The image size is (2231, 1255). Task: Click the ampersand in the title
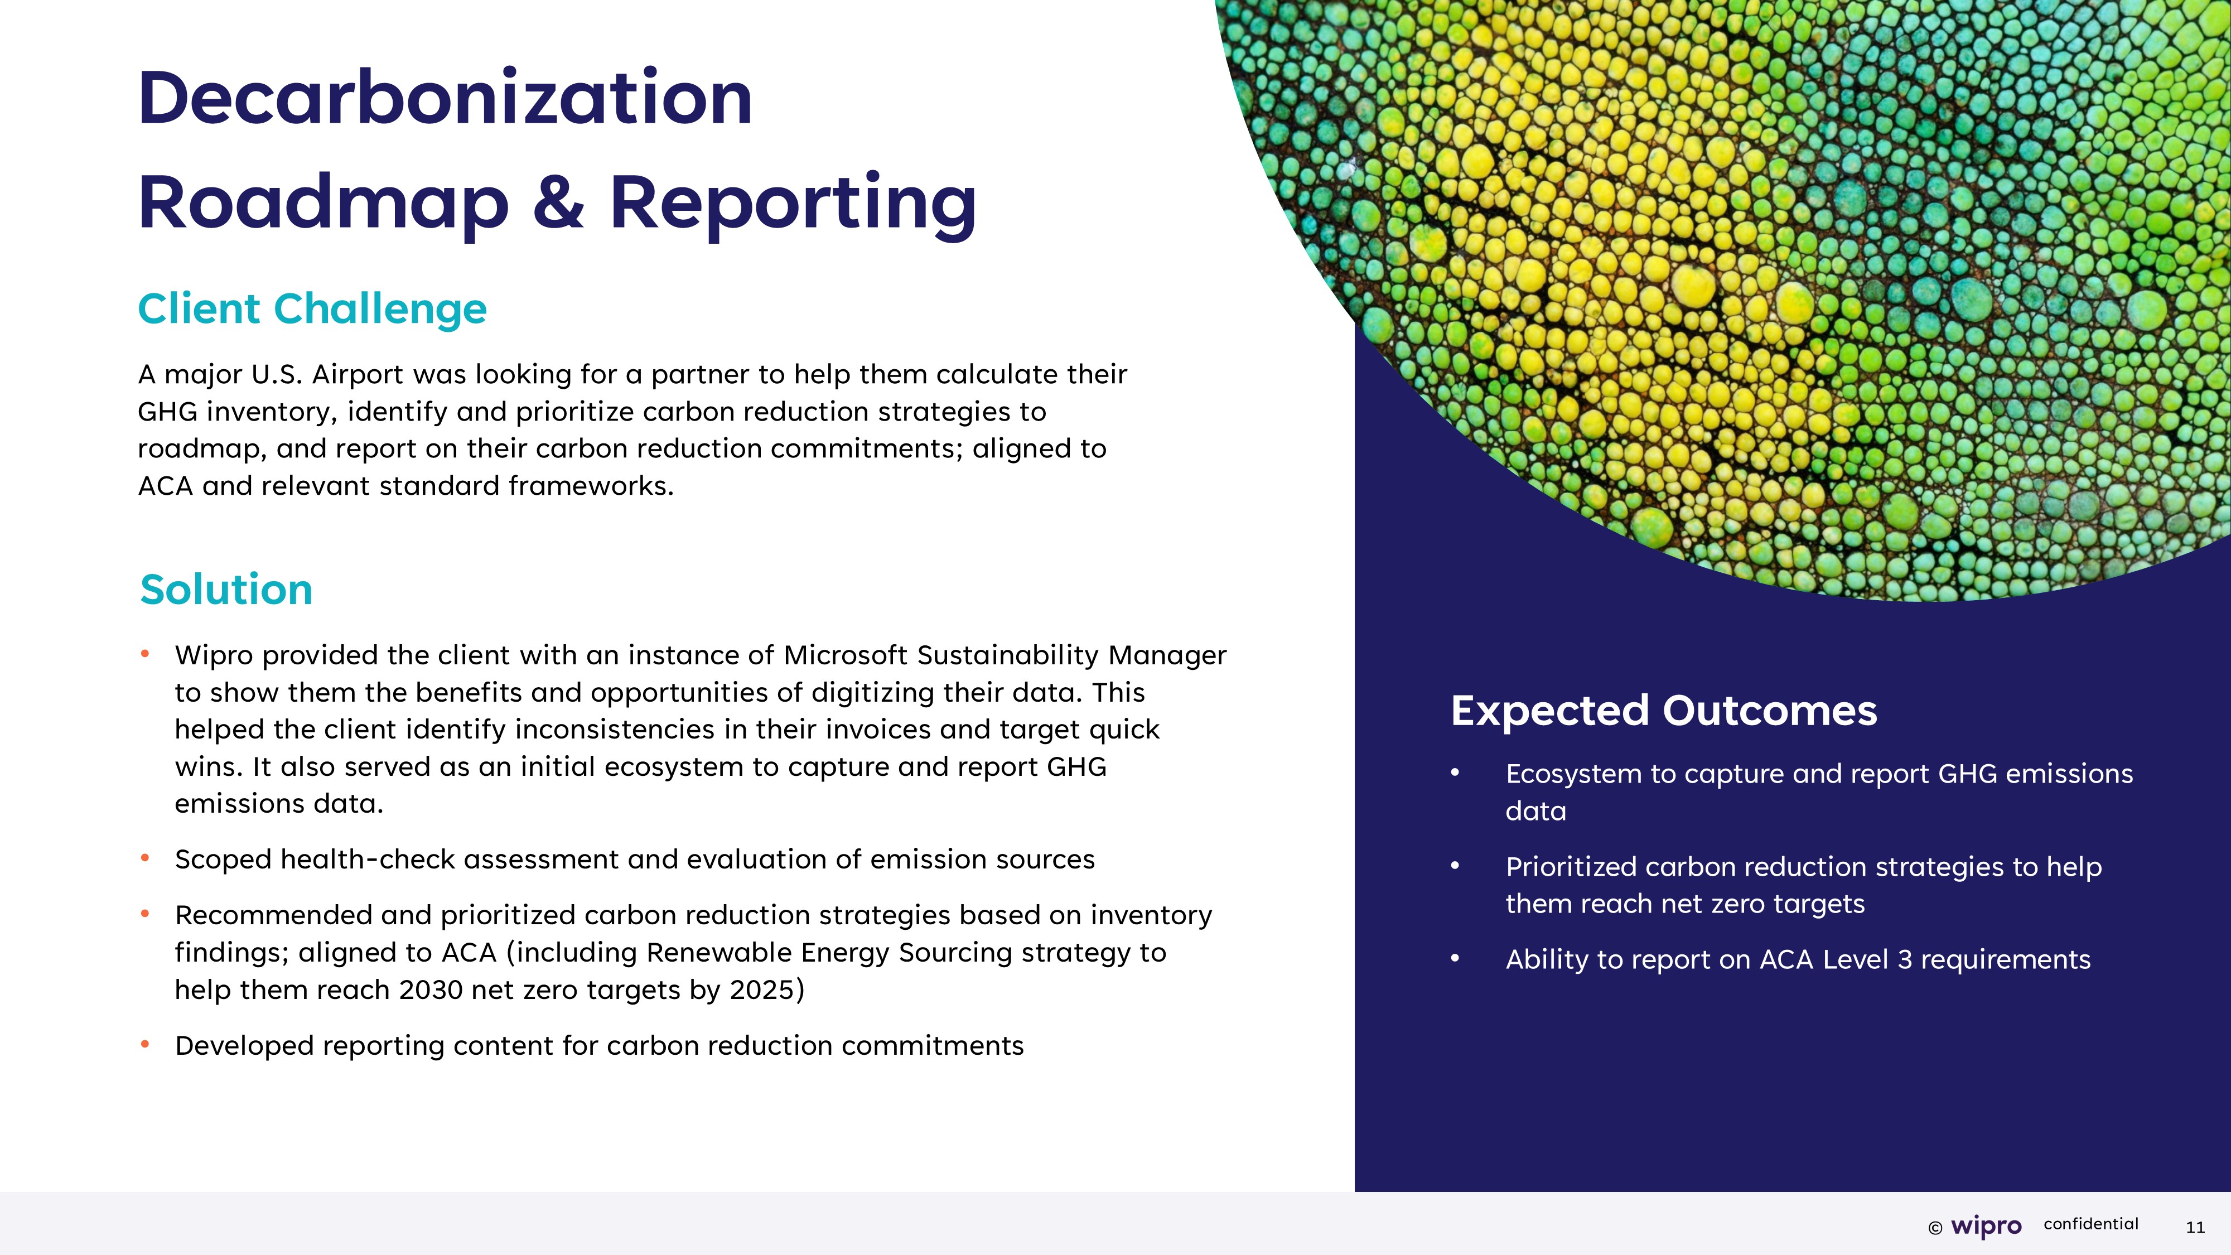559,202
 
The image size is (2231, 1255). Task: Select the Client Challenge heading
313,309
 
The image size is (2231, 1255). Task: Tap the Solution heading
226,590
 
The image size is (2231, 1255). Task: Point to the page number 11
2195,1227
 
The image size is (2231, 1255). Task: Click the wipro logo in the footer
1986,1225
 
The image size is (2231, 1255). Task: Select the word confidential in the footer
2090,1224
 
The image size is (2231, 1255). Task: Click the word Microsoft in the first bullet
846,655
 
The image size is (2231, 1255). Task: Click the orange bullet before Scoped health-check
146,858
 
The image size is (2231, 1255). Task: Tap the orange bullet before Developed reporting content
146,1045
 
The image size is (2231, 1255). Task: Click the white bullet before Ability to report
1456,958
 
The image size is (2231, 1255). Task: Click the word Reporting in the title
793,204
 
